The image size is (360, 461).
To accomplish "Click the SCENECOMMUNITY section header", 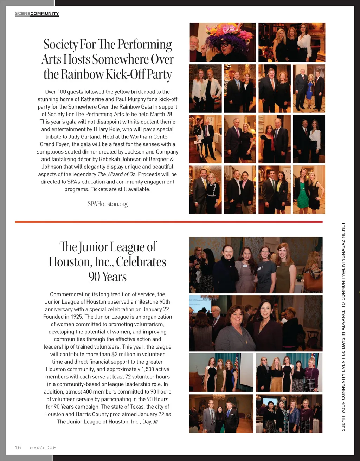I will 37,14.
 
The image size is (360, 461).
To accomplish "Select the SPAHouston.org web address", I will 108,204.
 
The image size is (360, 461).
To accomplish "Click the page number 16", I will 18,447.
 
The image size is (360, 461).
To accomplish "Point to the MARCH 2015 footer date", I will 43,448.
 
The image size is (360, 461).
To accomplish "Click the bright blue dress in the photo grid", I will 309,92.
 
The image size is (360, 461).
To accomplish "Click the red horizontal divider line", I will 169,222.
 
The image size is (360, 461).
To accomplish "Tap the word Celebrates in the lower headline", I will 141,262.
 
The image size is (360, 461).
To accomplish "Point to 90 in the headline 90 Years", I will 94,277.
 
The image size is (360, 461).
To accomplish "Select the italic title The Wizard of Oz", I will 116,174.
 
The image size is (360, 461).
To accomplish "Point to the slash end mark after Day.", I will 156,422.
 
